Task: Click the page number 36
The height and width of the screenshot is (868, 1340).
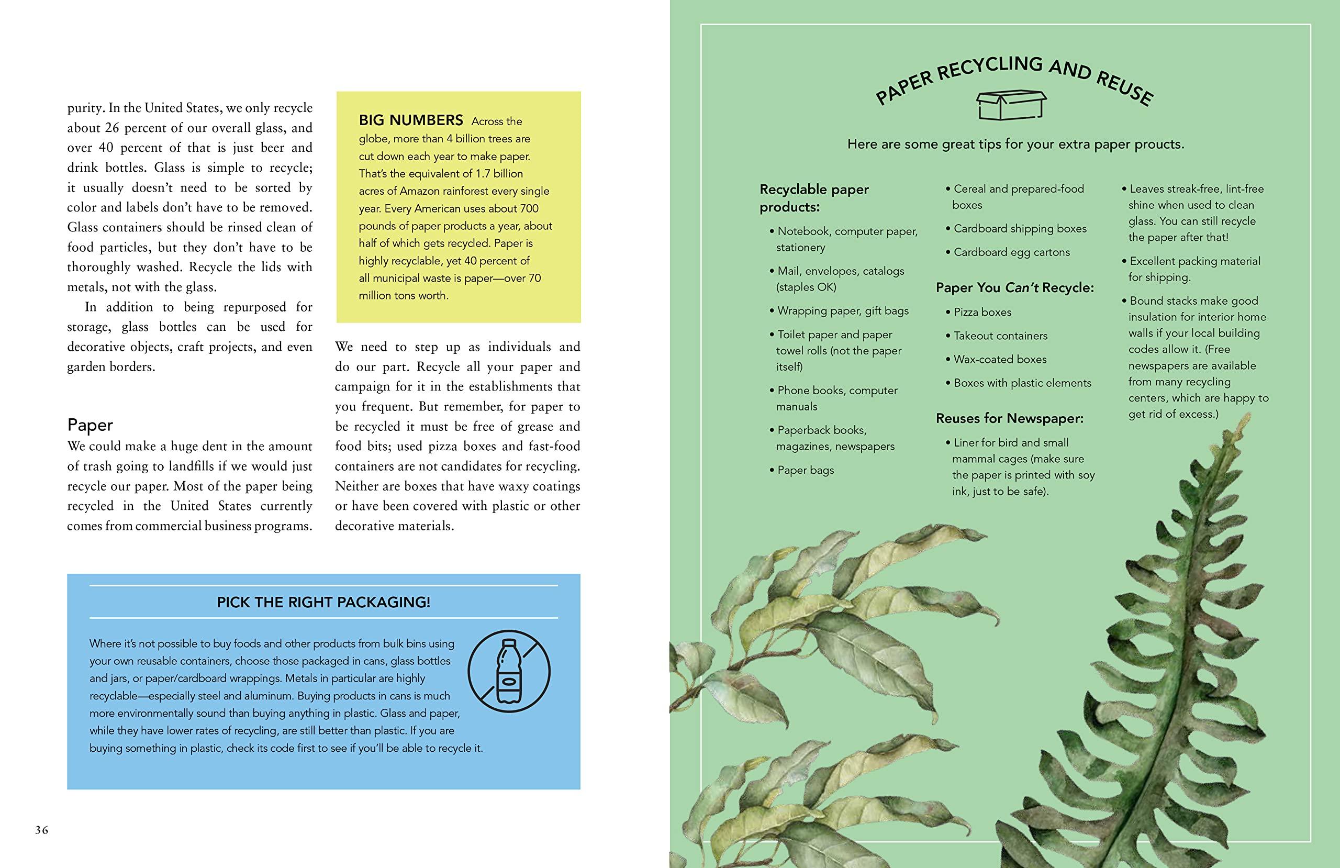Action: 42,830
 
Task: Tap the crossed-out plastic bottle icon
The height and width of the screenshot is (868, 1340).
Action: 509,671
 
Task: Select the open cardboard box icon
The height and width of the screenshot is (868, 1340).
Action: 1012,106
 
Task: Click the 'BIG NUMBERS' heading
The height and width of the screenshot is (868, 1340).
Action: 411,120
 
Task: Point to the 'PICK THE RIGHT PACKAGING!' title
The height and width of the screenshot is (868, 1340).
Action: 323,602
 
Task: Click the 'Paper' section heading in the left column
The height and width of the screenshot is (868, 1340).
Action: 90,425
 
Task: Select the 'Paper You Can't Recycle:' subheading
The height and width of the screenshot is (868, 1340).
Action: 1014,288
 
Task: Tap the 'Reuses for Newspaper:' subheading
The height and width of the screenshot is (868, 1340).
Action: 1010,418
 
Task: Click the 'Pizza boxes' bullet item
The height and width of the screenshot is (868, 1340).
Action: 982,312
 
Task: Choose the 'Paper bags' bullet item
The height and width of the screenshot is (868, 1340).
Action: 805,470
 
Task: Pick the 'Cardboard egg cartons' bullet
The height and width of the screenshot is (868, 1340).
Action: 1011,252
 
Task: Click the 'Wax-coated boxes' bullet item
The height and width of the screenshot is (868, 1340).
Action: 999,359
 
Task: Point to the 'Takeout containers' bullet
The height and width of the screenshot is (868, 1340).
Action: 1000,336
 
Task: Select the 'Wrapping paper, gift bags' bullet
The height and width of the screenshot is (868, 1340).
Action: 842,311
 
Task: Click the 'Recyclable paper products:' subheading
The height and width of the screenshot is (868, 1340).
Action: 814,198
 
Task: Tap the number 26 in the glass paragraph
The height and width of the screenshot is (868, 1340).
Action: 112,128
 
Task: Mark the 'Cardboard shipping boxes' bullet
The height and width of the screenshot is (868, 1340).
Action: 1020,229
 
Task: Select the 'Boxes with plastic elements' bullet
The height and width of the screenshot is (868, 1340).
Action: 1022,383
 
